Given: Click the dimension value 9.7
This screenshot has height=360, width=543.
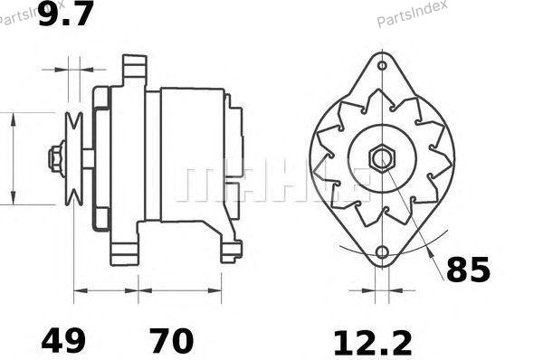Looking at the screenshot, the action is (x=66, y=14).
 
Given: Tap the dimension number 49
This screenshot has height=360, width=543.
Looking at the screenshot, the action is (x=63, y=341).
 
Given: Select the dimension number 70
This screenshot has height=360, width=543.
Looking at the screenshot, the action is (x=171, y=341).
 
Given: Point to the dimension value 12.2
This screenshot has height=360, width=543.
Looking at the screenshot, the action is (x=373, y=343).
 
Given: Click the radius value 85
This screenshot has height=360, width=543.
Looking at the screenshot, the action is (x=468, y=270).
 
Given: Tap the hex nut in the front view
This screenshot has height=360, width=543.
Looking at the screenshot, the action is (x=382, y=159).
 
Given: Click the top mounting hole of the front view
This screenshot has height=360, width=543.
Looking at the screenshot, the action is (x=382, y=65).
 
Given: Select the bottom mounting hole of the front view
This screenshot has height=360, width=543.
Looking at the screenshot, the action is (x=382, y=252).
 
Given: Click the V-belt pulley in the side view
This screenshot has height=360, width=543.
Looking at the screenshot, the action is (x=74, y=159).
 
